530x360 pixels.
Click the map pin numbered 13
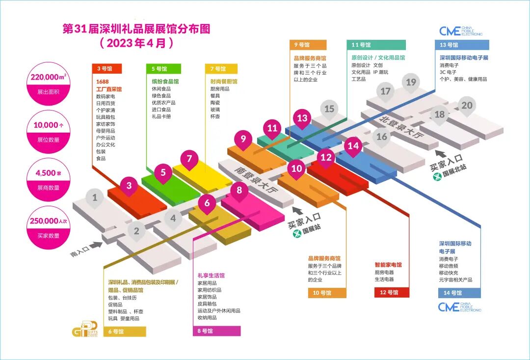pos(302,118)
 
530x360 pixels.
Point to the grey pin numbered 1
pos(95,198)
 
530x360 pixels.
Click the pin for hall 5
pos(163,172)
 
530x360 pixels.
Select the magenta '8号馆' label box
pos(216,331)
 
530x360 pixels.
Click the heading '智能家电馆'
pos(388,265)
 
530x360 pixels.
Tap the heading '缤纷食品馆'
pos(165,82)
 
